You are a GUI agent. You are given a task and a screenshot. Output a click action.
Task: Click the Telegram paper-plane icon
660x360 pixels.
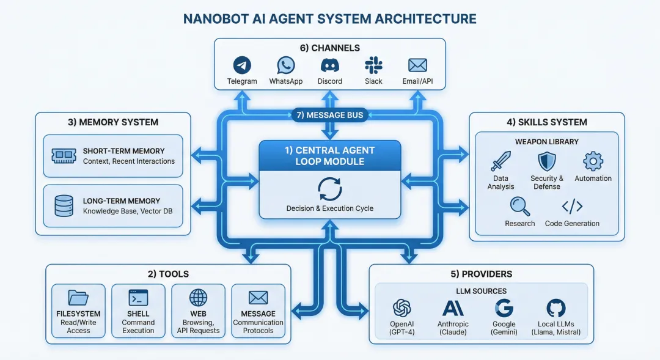pos(242,65)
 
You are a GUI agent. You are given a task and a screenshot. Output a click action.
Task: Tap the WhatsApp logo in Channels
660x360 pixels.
pos(285,65)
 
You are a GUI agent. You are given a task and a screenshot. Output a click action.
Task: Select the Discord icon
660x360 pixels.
pos(330,65)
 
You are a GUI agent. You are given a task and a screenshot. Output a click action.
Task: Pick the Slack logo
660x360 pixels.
pos(373,65)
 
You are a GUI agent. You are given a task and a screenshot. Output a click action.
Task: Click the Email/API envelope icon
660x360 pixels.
pos(417,65)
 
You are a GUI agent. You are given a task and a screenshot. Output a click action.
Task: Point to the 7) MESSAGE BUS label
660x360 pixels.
pos(330,115)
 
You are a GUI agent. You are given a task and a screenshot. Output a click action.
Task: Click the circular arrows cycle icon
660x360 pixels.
pos(330,189)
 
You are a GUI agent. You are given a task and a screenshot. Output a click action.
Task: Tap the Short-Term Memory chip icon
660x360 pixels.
pos(64,156)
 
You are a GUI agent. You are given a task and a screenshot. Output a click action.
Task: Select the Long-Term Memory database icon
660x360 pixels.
pos(64,206)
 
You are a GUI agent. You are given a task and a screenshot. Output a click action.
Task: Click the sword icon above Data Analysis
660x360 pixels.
pos(501,161)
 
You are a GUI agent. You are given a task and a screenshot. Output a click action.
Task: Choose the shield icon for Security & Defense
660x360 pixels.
pos(546,161)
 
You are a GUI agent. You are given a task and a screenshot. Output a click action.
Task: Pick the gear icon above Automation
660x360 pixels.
pos(593,161)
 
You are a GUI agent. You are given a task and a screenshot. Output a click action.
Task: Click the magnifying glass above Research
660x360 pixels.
pos(519,205)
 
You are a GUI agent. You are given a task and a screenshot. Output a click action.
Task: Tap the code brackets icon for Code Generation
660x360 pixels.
pos(572,205)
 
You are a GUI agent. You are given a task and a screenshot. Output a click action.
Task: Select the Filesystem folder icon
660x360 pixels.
pos(78,298)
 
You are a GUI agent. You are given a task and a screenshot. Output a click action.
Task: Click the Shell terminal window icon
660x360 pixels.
pos(138,298)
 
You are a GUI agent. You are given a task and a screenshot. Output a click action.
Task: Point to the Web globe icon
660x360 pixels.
pos(198,298)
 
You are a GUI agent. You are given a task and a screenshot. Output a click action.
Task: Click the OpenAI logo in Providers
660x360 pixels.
pos(402,307)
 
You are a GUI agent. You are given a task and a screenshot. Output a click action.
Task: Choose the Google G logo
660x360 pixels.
pos(504,307)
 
